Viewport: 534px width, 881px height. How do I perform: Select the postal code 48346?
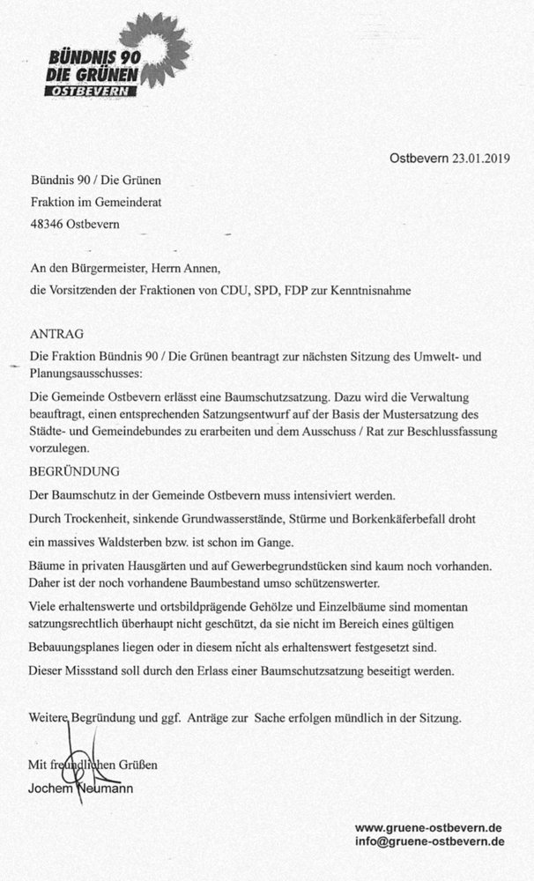point(47,224)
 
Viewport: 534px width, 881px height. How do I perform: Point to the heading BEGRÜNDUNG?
point(74,472)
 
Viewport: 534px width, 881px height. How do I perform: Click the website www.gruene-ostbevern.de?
point(428,828)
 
